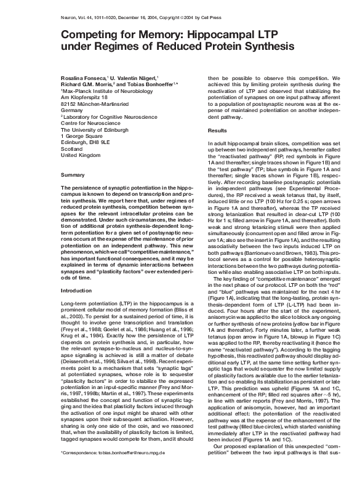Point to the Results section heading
point(217,131)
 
